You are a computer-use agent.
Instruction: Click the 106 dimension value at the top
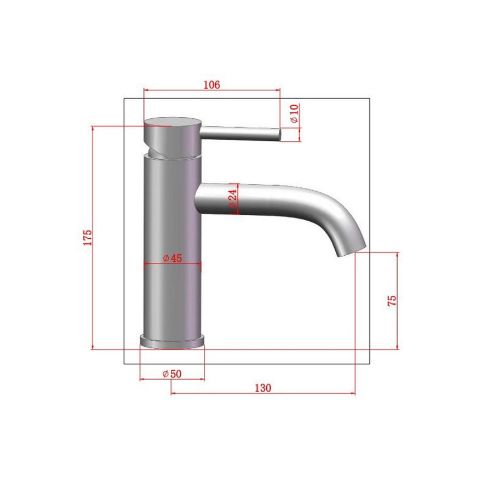pos(211,84)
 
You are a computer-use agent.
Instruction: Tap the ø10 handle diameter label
pos(294,113)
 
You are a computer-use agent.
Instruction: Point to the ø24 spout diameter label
pos(232,199)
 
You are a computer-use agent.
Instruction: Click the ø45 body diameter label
pos(172,258)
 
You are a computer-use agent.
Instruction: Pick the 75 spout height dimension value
pos(391,300)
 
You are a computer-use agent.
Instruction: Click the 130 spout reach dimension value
pos(263,388)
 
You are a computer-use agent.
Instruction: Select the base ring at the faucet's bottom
pos(172,340)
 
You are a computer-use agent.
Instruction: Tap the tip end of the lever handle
pos(278,134)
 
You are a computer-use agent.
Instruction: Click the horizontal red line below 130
pos(263,393)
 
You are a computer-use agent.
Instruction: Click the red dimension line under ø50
pos(172,379)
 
